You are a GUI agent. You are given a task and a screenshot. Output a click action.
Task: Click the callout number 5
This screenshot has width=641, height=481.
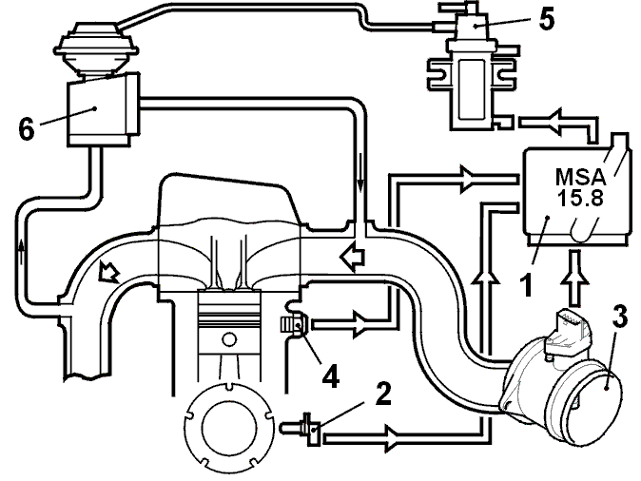click(547, 19)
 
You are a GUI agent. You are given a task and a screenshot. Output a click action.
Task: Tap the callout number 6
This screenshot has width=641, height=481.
click(27, 129)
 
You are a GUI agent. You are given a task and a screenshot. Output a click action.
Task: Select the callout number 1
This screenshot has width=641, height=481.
click(528, 284)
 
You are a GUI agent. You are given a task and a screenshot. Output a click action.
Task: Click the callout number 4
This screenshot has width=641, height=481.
click(330, 376)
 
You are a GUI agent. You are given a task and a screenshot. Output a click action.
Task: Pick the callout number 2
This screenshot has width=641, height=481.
click(382, 394)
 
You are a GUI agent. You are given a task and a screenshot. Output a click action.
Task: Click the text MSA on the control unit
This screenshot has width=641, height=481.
click(580, 177)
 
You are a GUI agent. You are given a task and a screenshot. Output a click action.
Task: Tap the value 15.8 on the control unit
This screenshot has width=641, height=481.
click(580, 198)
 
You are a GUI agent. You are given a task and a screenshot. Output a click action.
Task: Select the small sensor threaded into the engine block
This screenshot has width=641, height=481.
click(292, 324)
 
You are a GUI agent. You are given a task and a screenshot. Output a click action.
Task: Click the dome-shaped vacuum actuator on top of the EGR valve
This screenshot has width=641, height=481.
click(96, 48)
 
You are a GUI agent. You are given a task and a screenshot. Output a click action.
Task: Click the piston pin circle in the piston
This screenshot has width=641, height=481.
click(228, 339)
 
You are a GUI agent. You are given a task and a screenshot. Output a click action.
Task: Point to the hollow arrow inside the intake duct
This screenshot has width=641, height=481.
click(353, 258)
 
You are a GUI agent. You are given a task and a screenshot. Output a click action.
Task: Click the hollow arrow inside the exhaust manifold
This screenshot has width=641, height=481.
click(108, 271)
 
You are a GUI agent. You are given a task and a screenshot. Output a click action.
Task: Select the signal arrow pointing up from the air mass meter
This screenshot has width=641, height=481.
click(574, 278)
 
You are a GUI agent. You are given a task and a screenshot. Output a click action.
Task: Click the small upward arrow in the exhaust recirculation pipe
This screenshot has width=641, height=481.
click(21, 251)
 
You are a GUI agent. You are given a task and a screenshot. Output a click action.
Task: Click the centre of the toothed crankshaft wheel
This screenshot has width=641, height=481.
click(229, 428)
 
